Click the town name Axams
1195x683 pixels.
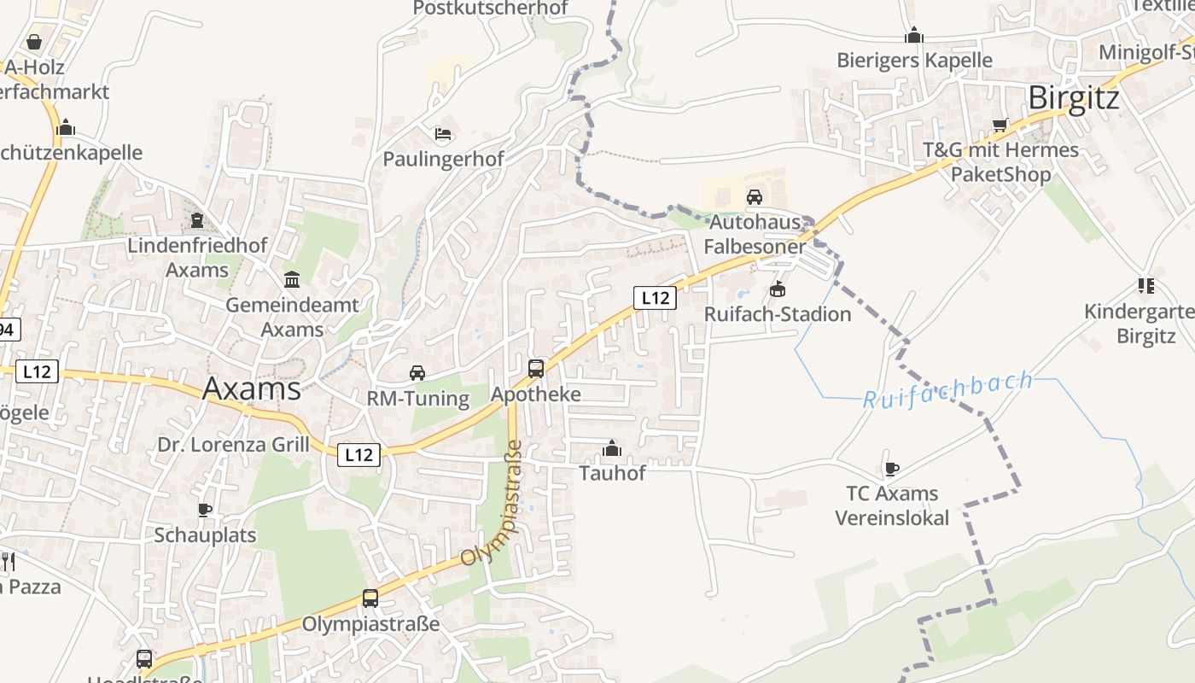[252, 388]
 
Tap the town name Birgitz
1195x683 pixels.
[1074, 98]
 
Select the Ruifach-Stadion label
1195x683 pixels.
[777, 314]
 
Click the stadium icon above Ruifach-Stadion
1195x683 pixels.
[777, 289]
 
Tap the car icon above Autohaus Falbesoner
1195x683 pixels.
[755, 197]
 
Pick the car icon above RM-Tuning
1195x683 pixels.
[417, 373]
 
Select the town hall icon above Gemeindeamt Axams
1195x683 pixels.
[292, 279]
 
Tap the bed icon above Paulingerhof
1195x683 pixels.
[443, 134]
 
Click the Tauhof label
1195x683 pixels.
[612, 473]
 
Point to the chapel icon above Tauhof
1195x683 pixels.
[611, 448]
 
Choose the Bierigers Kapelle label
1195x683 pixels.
[914, 60]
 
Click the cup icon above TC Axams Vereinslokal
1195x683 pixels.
[891, 469]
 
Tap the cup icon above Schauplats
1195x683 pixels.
[205, 510]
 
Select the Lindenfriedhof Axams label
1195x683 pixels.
[197, 257]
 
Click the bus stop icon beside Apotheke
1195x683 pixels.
[536, 369]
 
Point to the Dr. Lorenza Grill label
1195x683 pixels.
[233, 445]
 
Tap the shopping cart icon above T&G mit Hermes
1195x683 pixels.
[1000, 126]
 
